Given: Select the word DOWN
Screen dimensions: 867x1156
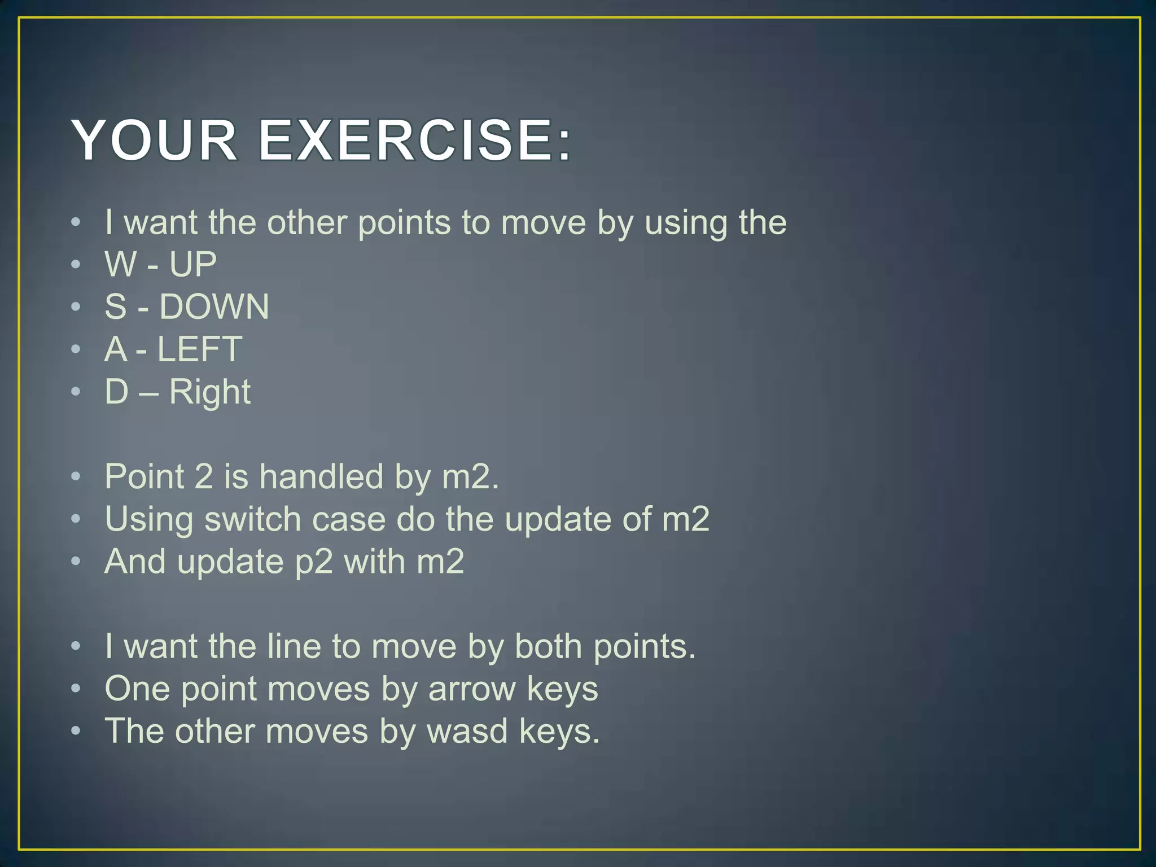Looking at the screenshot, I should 214,307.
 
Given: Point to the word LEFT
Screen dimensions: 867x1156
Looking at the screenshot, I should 200,349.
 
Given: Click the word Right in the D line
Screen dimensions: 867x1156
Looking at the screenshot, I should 210,392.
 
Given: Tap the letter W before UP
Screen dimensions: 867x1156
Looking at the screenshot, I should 121,264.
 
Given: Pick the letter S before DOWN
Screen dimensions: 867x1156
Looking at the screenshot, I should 116,307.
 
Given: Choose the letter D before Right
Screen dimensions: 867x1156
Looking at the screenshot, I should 117,392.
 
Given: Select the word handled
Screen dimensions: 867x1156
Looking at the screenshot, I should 321,477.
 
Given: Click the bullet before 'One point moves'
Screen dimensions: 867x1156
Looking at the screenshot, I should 76,689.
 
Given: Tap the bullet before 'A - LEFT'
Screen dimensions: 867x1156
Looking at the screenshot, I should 76,349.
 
